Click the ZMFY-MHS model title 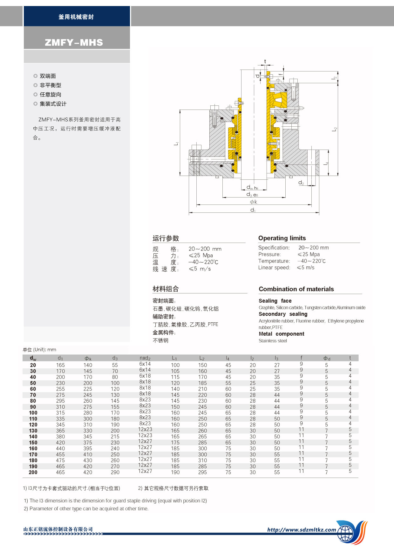74,43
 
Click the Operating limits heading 282,238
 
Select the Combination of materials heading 296,289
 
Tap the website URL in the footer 302,530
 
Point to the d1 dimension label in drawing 253,210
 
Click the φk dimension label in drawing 253,202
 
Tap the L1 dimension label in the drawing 176,144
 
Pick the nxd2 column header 145,358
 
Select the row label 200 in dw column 33,473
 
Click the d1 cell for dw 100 60,413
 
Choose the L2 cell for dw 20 202,365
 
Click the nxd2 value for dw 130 145,429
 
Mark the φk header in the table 88,358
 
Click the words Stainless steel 273,341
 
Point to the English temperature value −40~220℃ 311,261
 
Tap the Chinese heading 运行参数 166,238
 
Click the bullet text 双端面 48,76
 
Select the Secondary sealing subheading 283,314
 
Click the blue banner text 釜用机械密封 76,17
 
